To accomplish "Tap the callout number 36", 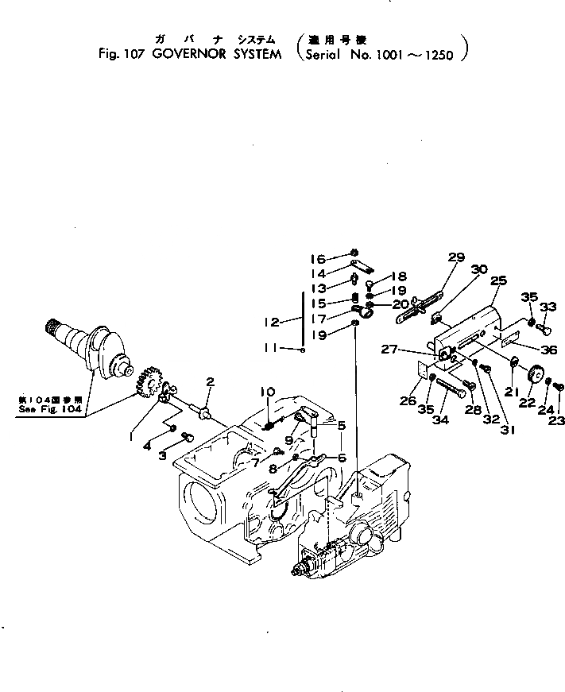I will [x=549, y=350].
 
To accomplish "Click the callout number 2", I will [x=210, y=381].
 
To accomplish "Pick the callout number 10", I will [x=268, y=391].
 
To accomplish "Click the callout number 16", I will [x=318, y=259].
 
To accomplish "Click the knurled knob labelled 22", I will [x=534, y=372].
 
